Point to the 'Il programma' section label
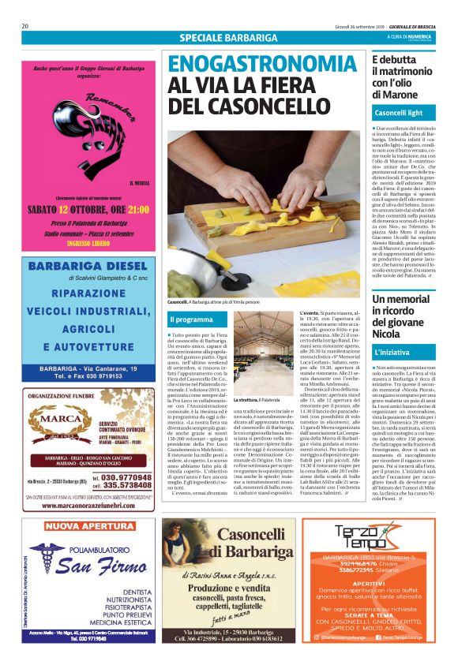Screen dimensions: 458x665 [x=191, y=319]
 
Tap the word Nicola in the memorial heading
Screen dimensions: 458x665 [x=389, y=333]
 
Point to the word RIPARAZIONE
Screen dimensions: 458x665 [x=89, y=293]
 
